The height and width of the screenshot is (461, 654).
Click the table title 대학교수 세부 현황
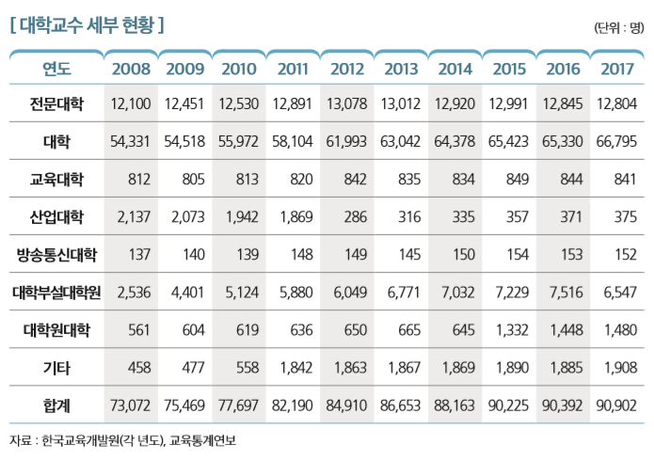87,24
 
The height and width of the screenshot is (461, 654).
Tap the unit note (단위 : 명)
617,26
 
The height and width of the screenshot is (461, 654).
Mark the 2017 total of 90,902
617,406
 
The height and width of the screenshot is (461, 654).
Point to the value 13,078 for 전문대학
347,103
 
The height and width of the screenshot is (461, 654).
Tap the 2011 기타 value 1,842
293,368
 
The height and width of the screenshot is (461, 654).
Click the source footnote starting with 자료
122,439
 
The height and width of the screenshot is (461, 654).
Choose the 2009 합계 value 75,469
184,406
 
